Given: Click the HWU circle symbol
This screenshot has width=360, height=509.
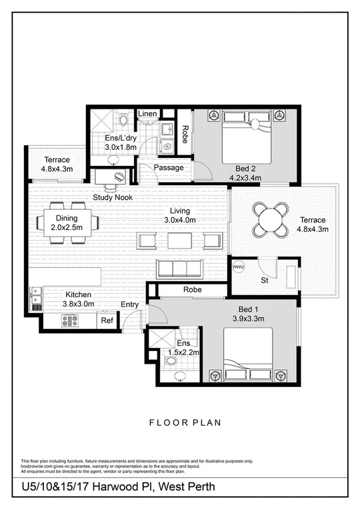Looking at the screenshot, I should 238,267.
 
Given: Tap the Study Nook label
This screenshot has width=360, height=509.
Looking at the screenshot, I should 113,197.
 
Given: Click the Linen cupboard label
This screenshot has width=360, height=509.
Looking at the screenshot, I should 148,114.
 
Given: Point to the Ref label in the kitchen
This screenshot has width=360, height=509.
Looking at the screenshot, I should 107,320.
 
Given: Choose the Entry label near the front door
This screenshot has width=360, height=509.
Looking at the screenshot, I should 130,304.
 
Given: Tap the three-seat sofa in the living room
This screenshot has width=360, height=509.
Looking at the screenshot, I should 179,268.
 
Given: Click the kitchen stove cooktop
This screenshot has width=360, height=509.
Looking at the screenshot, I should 70,320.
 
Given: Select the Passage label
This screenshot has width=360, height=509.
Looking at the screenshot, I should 168,168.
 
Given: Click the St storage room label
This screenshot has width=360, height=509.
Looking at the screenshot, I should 265,280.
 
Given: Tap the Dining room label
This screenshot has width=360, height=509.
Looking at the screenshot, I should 66,219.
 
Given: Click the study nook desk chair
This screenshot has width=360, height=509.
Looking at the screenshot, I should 119,177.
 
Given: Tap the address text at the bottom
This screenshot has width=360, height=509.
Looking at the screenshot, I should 119,488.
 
